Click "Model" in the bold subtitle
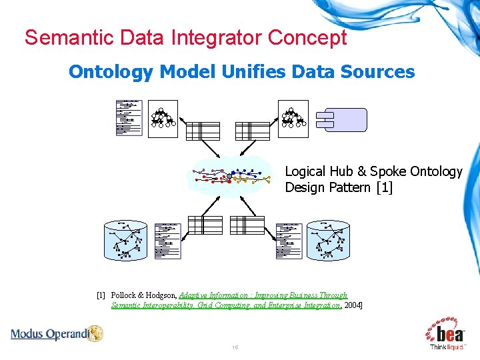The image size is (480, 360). (187, 71)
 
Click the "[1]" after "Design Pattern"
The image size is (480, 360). (384, 187)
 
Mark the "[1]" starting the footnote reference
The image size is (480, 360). (101, 295)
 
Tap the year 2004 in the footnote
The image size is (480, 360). (352, 305)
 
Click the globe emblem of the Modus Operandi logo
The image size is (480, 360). (95, 333)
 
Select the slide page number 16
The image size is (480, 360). (235, 348)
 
